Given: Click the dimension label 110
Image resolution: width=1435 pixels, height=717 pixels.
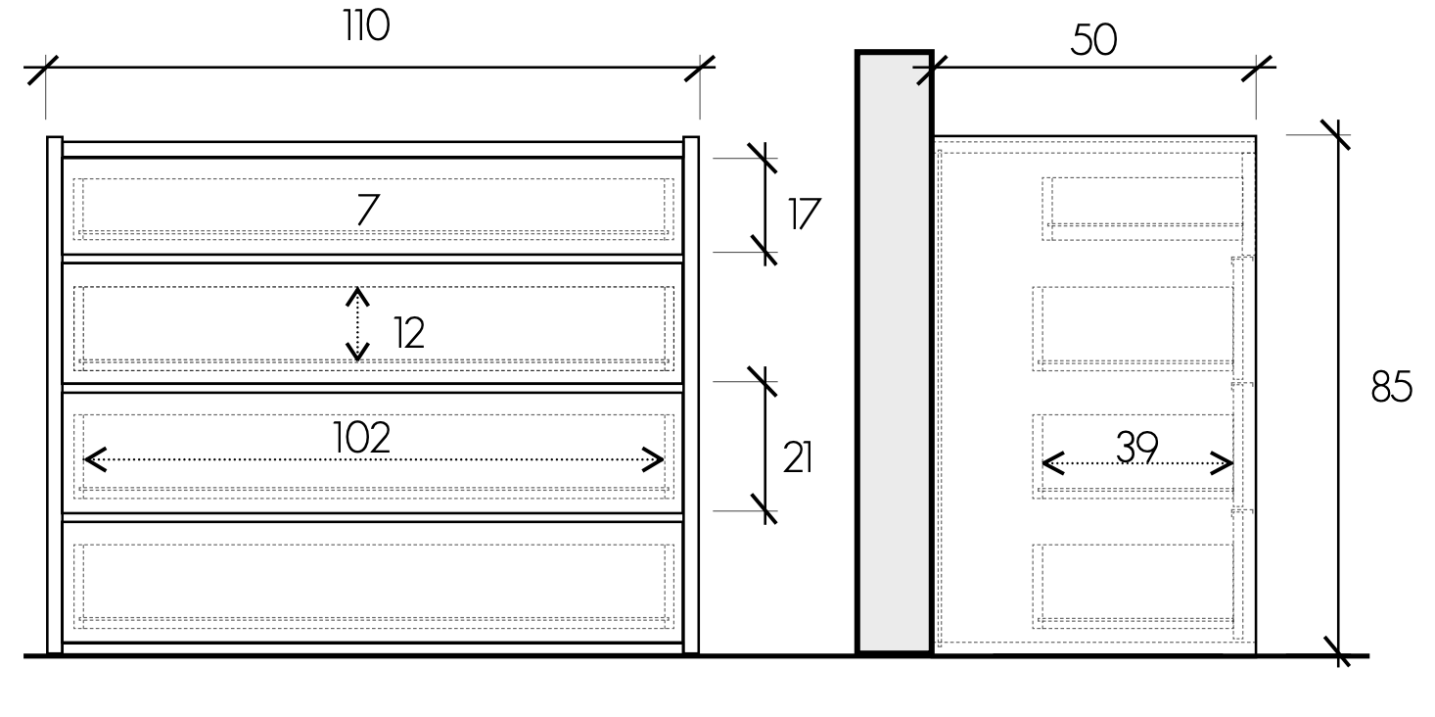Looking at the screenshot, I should point(366,26).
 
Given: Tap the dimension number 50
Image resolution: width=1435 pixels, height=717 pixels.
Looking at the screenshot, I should point(1093,41).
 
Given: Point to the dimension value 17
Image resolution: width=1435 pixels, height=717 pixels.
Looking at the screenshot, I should point(804,214).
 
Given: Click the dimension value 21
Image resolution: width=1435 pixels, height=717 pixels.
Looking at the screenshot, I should point(798,458).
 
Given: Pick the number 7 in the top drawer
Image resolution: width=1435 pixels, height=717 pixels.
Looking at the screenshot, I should point(367,210).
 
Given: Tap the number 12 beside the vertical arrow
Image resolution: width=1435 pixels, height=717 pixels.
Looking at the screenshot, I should point(409,334).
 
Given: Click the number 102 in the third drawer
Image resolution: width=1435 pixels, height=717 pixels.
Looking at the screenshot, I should point(361,438).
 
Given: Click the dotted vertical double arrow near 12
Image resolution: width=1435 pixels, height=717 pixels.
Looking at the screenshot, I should point(358,323).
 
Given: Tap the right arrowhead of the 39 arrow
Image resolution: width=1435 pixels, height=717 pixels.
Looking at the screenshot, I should point(1223,462).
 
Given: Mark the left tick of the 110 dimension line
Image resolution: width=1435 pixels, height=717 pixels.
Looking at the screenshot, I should point(44,69).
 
